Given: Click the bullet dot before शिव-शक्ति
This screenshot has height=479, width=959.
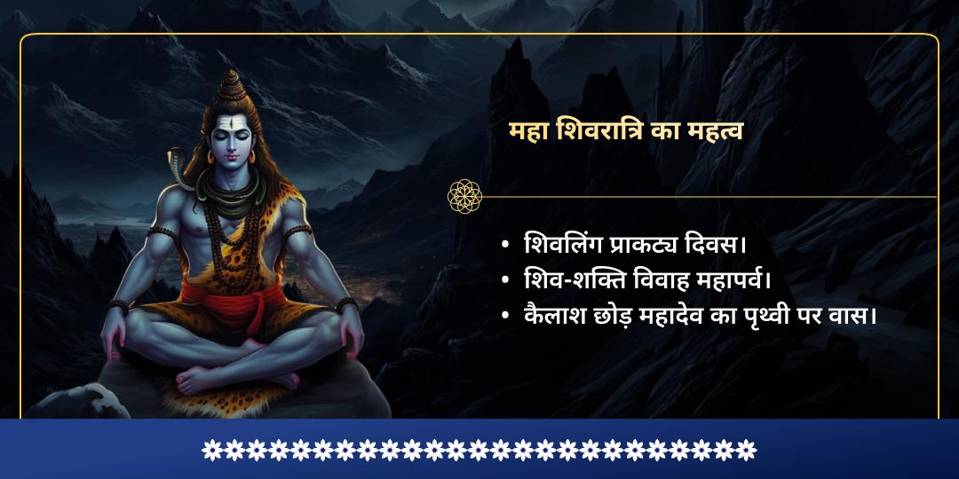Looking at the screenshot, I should coord(505,280).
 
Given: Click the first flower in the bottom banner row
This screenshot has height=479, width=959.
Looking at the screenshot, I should coord(211,450).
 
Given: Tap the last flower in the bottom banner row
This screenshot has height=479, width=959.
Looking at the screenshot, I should coord(748,450).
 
